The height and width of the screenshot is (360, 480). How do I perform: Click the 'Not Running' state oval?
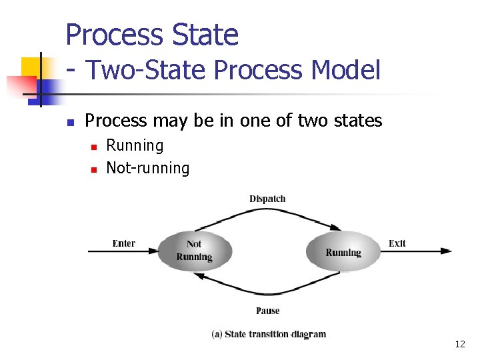(194, 251)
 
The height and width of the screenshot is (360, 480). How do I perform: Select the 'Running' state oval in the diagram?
(343, 252)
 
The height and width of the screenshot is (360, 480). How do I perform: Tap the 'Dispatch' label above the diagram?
(267, 199)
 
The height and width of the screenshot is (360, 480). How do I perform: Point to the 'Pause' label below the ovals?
(267, 311)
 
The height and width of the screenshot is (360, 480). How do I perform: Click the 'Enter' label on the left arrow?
(123, 243)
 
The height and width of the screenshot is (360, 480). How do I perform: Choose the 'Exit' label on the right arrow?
(397, 243)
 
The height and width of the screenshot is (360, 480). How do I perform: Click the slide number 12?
(459, 345)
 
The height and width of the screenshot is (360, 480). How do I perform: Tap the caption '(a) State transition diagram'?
(269, 334)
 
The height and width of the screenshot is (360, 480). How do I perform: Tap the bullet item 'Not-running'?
(148, 168)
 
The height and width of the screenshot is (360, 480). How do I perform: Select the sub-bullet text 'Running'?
(135, 145)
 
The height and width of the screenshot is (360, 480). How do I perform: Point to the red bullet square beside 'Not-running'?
(93, 169)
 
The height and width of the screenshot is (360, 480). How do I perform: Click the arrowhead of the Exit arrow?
(446, 251)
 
